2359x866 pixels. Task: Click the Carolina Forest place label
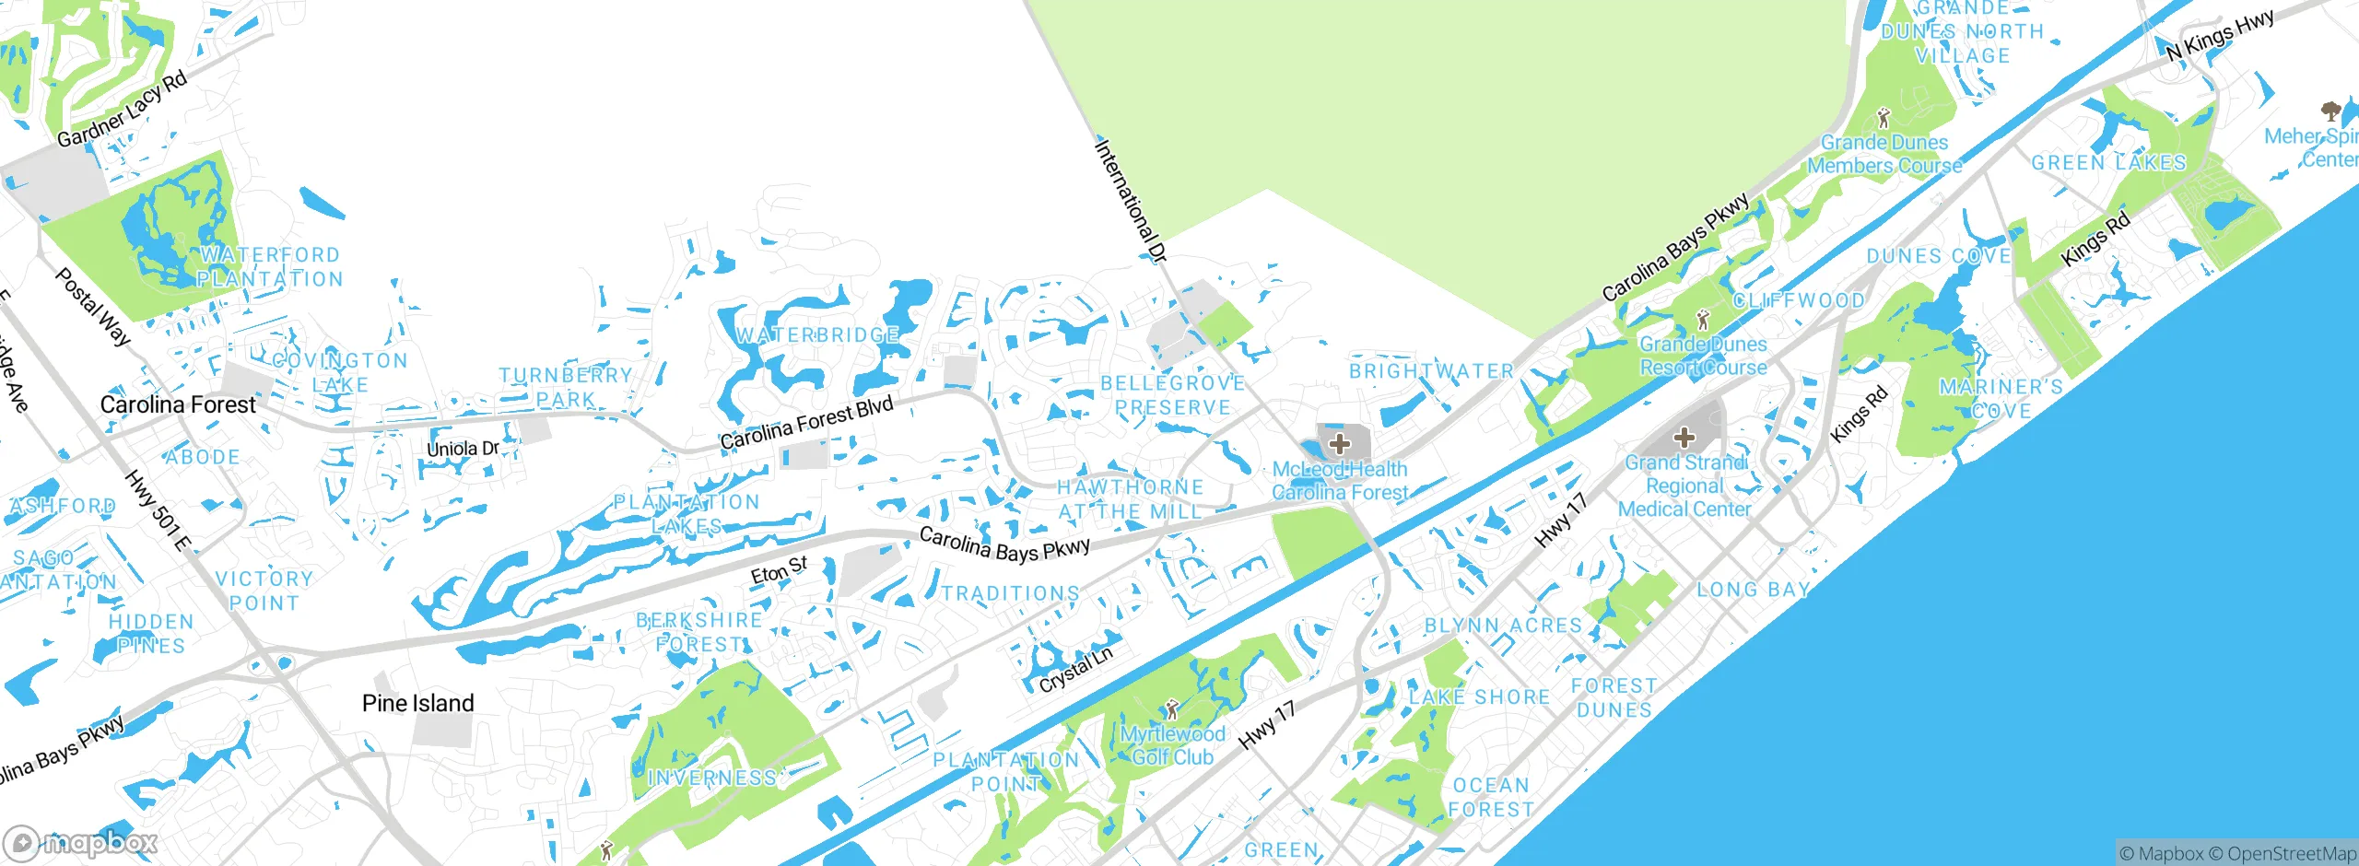pos(178,404)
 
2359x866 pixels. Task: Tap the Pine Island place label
pos(418,704)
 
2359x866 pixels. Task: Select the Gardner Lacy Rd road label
pos(122,109)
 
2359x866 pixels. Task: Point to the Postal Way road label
pos(93,306)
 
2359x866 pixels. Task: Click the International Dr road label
pos(1131,201)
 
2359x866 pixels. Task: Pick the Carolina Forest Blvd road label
pos(806,423)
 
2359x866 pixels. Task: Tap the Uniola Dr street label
pos(463,449)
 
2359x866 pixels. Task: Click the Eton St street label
pos(779,570)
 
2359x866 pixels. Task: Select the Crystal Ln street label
pos(1075,670)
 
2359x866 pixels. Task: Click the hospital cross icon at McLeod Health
pos(1340,444)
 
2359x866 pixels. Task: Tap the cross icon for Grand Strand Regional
pos(1684,438)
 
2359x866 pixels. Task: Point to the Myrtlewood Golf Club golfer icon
pos(1171,709)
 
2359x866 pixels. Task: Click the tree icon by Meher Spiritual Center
pos(2330,112)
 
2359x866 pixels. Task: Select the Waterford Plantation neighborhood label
pos(270,267)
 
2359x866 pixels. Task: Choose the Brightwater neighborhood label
pos(1431,371)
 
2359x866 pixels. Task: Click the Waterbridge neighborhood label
pos(817,335)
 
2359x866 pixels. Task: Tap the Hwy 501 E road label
pos(157,510)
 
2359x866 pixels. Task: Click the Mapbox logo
pos(81,842)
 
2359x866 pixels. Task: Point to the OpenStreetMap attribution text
pos(2290,854)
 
